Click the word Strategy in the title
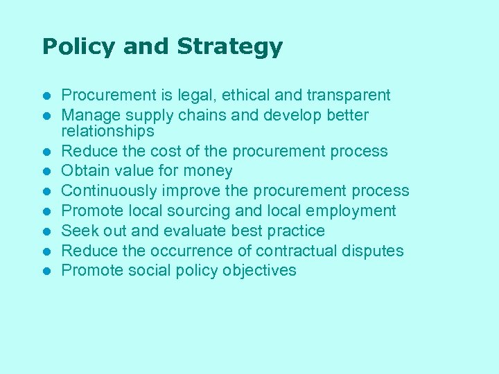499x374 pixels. (x=229, y=47)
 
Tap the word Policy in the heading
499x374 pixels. (x=77, y=47)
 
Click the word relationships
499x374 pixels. (x=107, y=131)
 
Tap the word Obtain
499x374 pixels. (x=85, y=171)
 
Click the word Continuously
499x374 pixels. (x=110, y=191)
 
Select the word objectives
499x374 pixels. (x=259, y=271)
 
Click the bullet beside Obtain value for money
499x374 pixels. (x=46, y=171)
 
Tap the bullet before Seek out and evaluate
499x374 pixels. (x=46, y=231)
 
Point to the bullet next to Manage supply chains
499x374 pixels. (x=46, y=115)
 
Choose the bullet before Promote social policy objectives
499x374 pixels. (x=46, y=271)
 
